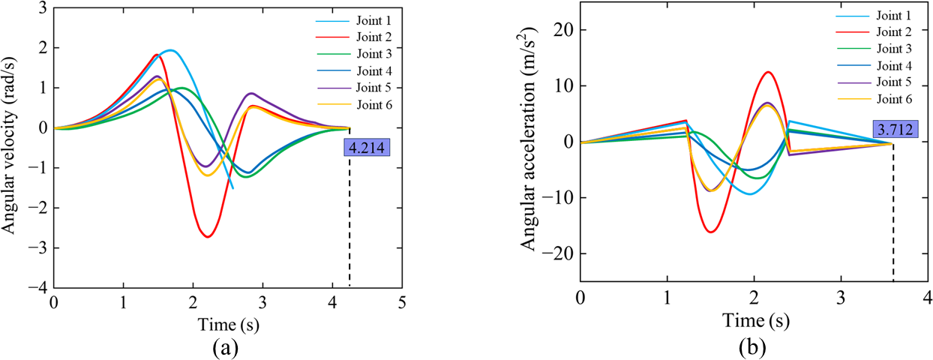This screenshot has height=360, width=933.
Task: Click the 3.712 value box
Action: (x=893, y=130)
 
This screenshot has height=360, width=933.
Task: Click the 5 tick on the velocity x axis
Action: (x=402, y=303)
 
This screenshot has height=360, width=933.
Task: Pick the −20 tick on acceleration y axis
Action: (x=550, y=253)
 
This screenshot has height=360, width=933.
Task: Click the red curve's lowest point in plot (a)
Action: (x=208, y=237)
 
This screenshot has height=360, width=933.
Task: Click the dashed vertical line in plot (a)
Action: (x=349, y=225)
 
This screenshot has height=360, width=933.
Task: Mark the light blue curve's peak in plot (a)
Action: (x=170, y=50)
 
